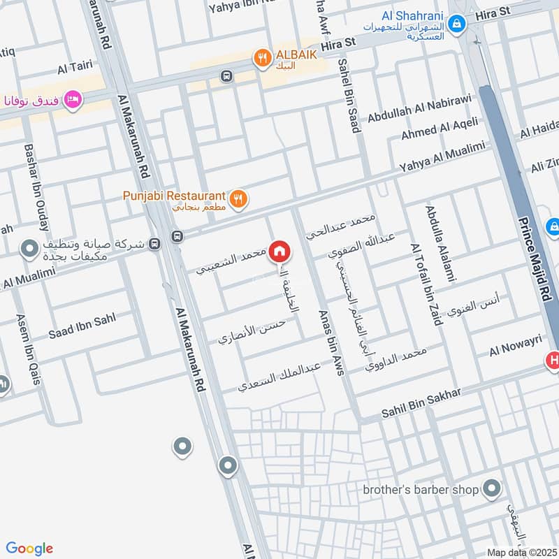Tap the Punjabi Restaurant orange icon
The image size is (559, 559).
[239, 200]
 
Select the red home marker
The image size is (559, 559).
[279, 252]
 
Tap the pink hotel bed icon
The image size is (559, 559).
[72, 101]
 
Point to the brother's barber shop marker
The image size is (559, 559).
[493, 488]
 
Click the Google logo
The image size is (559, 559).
[29, 549]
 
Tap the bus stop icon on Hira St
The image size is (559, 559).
[226, 76]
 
